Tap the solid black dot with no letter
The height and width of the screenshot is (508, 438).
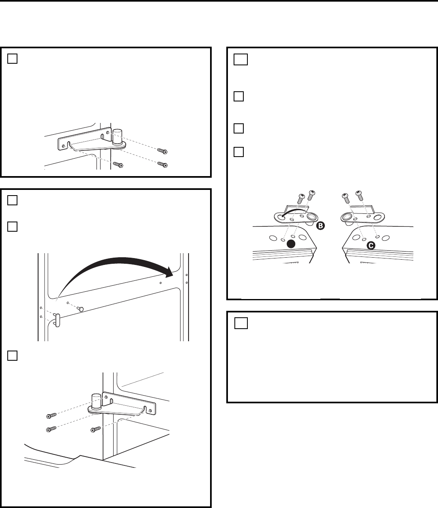tap(290, 243)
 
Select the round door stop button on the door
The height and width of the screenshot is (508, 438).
tap(81, 309)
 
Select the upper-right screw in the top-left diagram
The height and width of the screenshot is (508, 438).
tap(162, 151)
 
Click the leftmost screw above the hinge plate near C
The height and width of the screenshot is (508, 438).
tap(346, 198)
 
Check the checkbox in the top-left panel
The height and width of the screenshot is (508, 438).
tap(12, 59)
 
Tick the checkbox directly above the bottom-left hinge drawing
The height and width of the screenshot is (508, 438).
tap(12, 355)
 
